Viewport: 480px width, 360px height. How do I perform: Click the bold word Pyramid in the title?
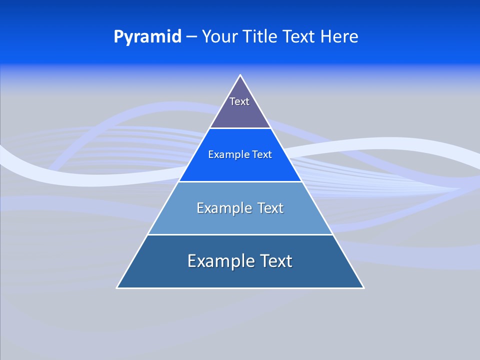point(147,37)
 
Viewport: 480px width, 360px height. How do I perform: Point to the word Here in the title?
point(339,36)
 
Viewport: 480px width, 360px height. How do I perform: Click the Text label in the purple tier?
point(239,101)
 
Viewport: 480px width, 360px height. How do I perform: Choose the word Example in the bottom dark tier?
point(219,261)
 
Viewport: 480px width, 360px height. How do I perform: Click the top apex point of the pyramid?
point(240,75)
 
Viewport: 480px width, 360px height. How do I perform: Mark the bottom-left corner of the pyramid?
point(117,288)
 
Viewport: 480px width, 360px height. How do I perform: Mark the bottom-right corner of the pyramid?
point(363,288)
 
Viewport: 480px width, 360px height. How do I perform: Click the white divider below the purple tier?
point(240,128)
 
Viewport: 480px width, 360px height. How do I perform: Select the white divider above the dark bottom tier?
point(240,234)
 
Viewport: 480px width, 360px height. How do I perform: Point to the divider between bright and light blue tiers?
point(240,181)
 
